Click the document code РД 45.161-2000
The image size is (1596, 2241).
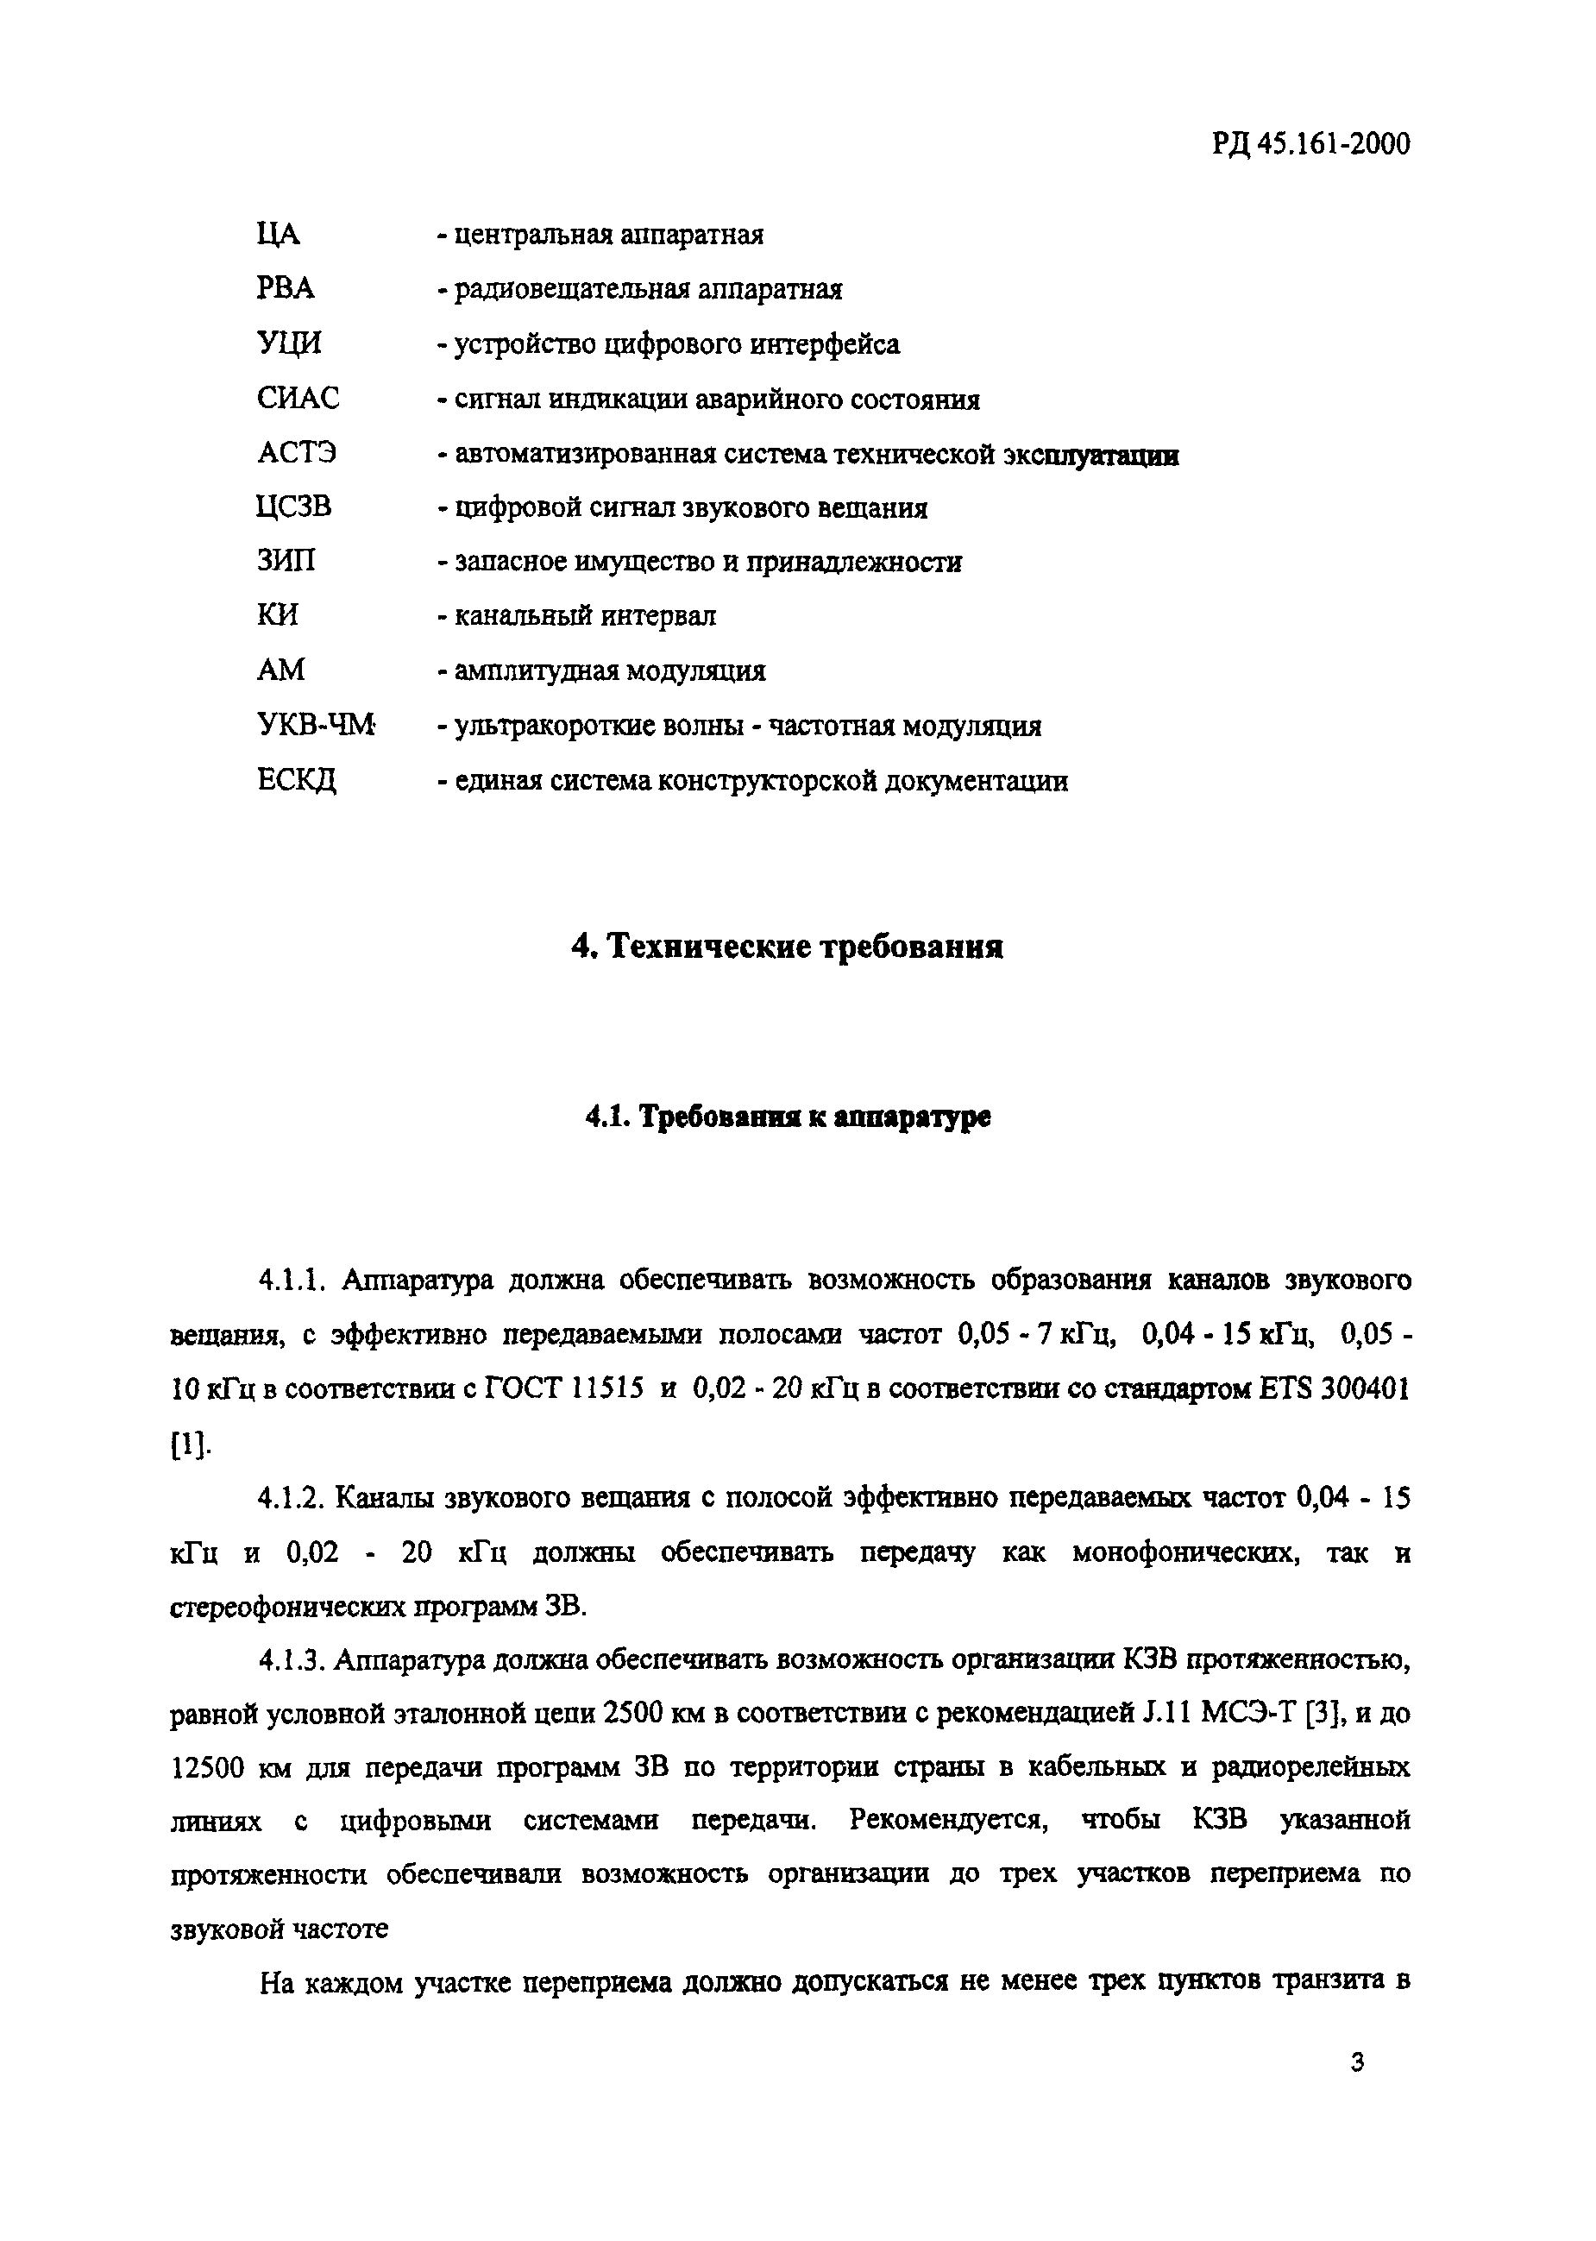[x=1311, y=144]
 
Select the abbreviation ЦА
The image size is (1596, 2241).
[x=277, y=235]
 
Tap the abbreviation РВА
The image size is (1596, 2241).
[x=285, y=289]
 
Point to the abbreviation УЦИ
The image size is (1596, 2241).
[x=289, y=344]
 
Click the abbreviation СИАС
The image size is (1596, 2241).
[x=298, y=398]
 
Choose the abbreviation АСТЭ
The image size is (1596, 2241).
[x=297, y=453]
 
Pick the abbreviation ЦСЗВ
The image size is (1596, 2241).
[x=294, y=507]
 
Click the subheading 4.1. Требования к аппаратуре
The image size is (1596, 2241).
[x=787, y=1117]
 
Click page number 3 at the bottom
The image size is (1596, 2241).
[x=1357, y=2062]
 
